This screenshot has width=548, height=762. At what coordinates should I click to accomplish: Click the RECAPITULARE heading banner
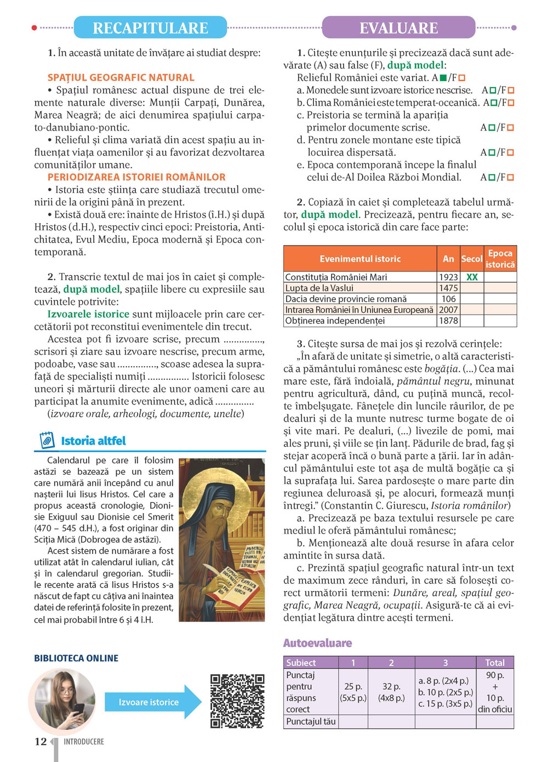[x=150, y=27]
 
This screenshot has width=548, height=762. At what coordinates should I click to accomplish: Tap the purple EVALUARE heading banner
[x=398, y=27]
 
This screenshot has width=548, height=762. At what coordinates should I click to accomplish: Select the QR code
[x=237, y=701]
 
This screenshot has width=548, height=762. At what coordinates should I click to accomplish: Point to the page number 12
[x=41, y=742]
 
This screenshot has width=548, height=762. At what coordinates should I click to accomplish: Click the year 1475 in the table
[x=448, y=288]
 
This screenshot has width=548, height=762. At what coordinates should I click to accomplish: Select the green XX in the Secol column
[x=472, y=277]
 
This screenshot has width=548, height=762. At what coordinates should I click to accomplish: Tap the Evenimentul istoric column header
[x=360, y=259]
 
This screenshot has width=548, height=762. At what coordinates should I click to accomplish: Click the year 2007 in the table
[x=448, y=310]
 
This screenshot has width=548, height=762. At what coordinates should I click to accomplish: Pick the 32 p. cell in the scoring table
[x=391, y=692]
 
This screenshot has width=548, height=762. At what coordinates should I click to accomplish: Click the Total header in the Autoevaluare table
[x=495, y=662]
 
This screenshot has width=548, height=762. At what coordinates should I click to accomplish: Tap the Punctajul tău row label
[x=311, y=721]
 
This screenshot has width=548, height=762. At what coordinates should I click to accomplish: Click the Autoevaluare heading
[x=317, y=643]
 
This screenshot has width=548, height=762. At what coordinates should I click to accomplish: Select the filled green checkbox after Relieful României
[x=443, y=78]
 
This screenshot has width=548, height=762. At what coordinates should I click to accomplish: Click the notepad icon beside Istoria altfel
[x=47, y=440]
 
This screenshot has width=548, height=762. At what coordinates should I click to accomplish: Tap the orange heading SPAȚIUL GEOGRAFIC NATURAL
[x=121, y=78]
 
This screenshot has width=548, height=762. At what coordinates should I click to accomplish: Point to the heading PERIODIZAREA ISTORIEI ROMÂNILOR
[x=136, y=177]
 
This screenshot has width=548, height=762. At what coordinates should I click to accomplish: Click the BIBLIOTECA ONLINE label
[x=76, y=658]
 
